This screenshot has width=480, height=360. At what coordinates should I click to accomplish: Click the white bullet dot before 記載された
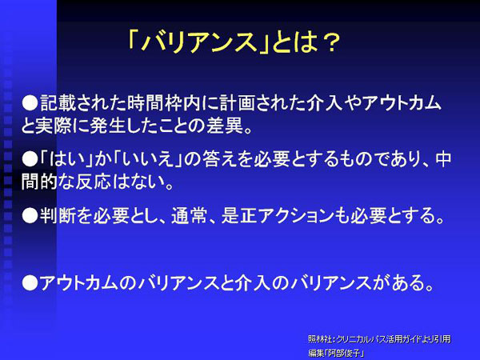(30, 102)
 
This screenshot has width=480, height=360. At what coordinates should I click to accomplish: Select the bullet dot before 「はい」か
(30, 159)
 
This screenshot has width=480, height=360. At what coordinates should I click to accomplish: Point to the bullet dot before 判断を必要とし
(30, 215)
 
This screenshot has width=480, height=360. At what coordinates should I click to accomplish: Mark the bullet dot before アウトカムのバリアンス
(30, 282)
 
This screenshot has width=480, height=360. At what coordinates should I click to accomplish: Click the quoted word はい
(66, 159)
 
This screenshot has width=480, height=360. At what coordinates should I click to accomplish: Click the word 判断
(58, 215)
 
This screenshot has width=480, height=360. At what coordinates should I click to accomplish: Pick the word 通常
(189, 215)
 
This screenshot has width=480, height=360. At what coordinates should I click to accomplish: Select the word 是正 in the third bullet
(239, 215)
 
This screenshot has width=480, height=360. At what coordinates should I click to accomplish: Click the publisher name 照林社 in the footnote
(319, 339)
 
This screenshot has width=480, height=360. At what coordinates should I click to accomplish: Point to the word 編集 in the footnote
(316, 353)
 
